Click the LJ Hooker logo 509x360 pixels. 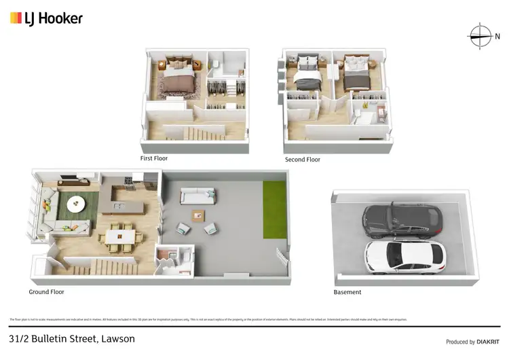click(x=46, y=18)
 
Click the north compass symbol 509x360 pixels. click(x=480, y=36)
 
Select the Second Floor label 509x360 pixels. click(x=302, y=160)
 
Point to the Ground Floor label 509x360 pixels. click(x=46, y=292)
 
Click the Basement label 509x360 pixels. click(x=347, y=292)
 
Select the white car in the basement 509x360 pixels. click(x=406, y=257)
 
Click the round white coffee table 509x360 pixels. click(x=76, y=202)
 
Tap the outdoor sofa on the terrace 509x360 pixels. click(x=199, y=198)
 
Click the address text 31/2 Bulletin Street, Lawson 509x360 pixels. click(x=72, y=338)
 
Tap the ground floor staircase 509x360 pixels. click(x=102, y=266)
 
